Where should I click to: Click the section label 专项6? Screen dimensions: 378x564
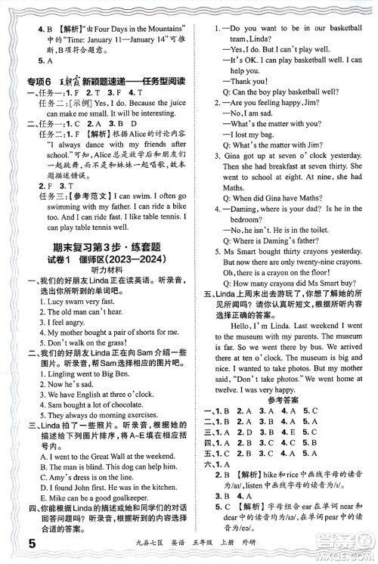click(x=35, y=83)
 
